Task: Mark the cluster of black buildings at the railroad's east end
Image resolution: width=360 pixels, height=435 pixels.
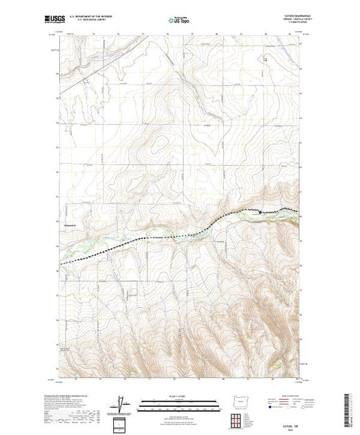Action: pyautogui.click(x=261, y=212)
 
